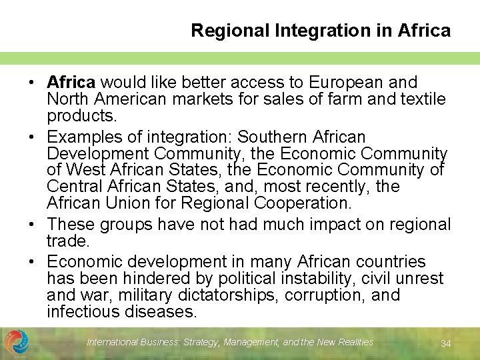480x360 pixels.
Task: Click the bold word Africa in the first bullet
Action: (x=71, y=83)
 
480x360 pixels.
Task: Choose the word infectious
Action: (x=83, y=311)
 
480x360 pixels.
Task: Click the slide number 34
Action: (x=446, y=343)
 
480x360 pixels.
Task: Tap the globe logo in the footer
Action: (x=16, y=342)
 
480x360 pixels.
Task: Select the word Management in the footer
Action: (x=252, y=342)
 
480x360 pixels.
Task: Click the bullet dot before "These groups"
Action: (x=31, y=225)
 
